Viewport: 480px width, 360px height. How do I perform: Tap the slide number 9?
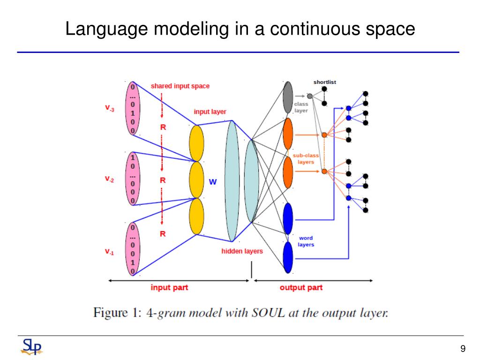coord(463,349)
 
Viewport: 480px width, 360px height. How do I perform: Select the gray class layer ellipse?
coord(288,97)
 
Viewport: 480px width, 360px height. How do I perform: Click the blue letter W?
coord(213,182)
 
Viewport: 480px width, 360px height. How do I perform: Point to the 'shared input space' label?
coord(180,86)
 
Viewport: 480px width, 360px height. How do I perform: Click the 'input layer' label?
coord(210,112)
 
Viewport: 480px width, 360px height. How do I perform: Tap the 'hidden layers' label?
coord(242,251)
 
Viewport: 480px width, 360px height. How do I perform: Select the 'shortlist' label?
coord(324,82)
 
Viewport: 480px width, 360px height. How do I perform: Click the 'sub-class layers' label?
coord(306,159)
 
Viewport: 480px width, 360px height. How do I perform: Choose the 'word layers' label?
coord(306,241)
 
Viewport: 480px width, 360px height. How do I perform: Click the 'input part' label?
coord(169,287)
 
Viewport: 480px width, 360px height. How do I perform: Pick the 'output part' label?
coord(301,287)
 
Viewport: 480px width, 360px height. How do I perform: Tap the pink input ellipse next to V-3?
coord(133,108)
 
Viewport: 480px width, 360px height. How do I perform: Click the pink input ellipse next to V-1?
coord(133,249)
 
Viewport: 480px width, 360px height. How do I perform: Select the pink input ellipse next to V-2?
coord(133,179)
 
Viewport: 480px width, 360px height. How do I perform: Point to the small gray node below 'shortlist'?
coord(309,96)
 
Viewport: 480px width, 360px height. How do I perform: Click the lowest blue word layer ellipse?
coord(288,256)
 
